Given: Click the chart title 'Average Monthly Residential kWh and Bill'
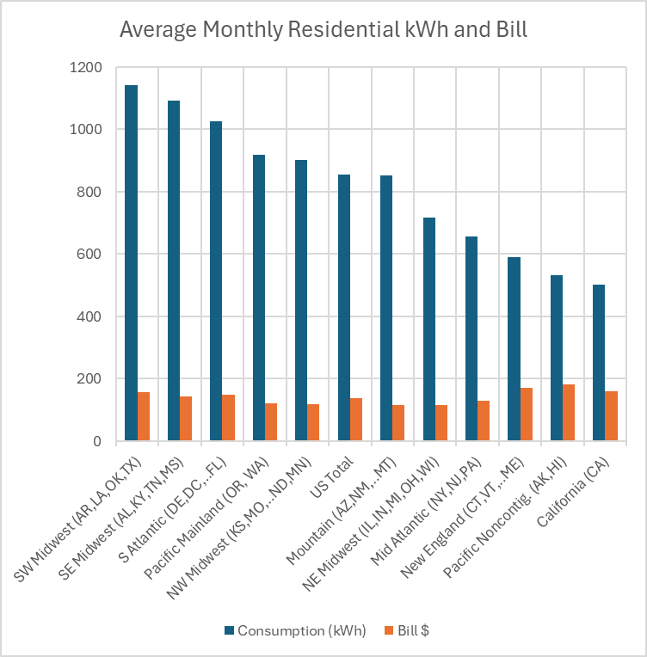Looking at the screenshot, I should [323, 29].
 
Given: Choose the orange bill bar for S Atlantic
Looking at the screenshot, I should [229, 418].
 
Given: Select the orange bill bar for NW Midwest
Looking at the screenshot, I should [313, 422].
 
